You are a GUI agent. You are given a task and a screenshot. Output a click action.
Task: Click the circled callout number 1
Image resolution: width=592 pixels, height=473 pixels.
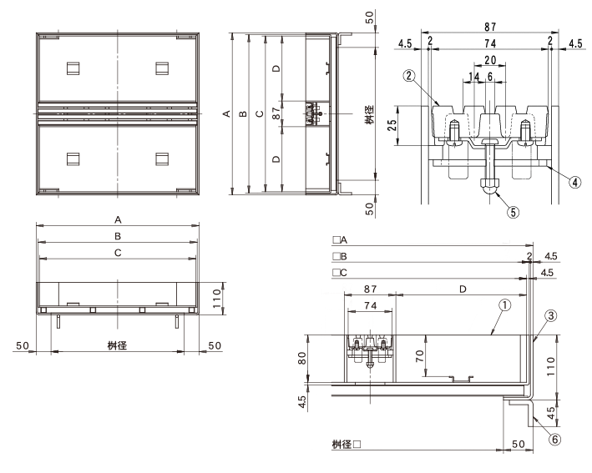(505, 305)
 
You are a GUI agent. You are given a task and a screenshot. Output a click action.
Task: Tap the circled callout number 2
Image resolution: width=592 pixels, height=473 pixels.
(408, 76)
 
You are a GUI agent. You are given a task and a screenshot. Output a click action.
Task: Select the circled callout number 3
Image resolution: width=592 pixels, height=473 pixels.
(551, 315)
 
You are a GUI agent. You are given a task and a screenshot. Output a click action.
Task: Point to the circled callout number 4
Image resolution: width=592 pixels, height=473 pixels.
(574, 183)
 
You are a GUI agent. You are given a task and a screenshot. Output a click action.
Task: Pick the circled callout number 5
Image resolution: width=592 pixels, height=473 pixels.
(513, 213)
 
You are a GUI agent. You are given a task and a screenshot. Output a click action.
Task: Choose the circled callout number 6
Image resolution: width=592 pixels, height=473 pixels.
(554, 439)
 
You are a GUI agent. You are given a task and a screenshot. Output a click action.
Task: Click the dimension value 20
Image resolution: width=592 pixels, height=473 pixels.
(490, 60)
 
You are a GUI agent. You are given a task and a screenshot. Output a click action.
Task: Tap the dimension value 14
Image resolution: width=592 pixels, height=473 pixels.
(473, 77)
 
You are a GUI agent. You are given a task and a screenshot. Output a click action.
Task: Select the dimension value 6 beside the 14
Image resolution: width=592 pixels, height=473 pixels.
(489, 77)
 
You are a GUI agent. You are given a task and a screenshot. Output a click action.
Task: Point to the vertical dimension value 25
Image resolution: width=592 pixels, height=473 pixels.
(392, 125)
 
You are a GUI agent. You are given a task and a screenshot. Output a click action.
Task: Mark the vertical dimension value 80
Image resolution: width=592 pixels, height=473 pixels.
(302, 359)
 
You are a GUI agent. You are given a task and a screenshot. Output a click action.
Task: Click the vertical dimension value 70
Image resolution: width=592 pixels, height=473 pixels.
(419, 356)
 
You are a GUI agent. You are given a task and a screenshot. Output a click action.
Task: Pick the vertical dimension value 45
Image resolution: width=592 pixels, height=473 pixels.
(551, 413)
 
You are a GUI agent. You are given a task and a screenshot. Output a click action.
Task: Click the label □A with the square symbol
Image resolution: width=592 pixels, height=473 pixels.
(340, 240)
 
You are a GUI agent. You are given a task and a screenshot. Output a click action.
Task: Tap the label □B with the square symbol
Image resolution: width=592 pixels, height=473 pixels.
(340, 256)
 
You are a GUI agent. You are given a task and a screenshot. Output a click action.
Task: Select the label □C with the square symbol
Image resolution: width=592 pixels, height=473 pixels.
(340, 273)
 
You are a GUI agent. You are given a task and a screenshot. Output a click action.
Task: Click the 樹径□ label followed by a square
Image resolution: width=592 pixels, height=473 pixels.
(347, 445)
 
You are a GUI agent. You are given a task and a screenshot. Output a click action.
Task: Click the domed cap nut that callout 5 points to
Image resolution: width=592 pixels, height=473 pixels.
(489, 186)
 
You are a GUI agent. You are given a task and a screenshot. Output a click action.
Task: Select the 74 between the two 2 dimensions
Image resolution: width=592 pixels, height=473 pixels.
(489, 43)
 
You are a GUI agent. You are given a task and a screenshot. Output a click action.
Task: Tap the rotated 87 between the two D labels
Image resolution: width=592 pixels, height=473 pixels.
(276, 113)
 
